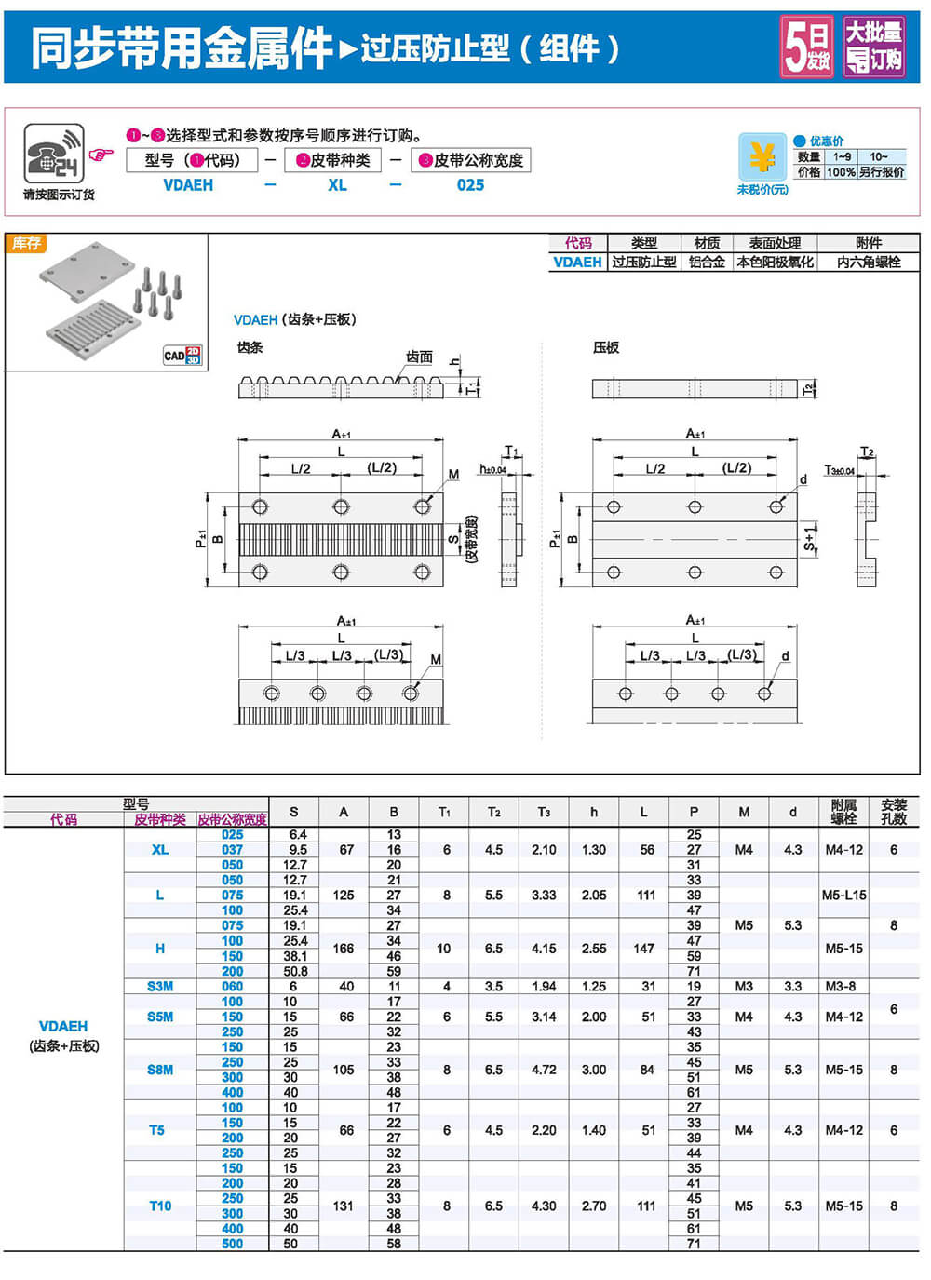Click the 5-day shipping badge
[x=806, y=47]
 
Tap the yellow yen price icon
[x=762, y=157]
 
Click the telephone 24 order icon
[x=54, y=155]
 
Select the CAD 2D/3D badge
[x=182, y=355]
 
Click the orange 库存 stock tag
[x=26, y=244]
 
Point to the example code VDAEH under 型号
[x=188, y=185]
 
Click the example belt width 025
[x=470, y=185]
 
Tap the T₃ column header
[x=544, y=812]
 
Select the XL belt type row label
[x=160, y=850]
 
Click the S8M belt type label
[x=160, y=1070]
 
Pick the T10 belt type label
[x=160, y=1206]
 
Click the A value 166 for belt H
[x=344, y=949]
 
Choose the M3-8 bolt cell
[x=843, y=987]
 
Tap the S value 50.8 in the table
[x=294, y=971]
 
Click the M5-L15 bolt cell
[x=843, y=896]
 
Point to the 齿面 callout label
[x=419, y=357]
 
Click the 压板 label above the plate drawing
[x=606, y=347]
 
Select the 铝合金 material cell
[x=707, y=263]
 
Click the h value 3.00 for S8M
[x=594, y=1070]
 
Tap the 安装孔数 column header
[x=894, y=812]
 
